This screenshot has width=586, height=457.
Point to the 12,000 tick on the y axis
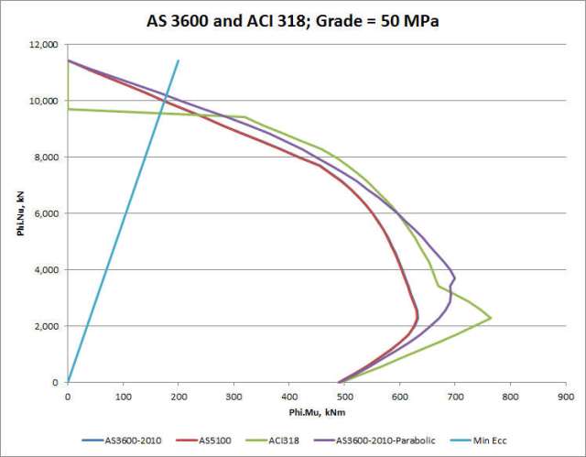coord(43,44)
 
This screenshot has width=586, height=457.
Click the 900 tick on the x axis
coord(566,397)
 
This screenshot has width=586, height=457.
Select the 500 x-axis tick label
coord(344,397)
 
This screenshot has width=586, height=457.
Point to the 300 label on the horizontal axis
coord(233,397)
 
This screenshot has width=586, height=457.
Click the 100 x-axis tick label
coord(123,397)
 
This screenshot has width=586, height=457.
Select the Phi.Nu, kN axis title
coord(17,212)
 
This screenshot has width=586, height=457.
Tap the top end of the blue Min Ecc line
coord(179,60)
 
